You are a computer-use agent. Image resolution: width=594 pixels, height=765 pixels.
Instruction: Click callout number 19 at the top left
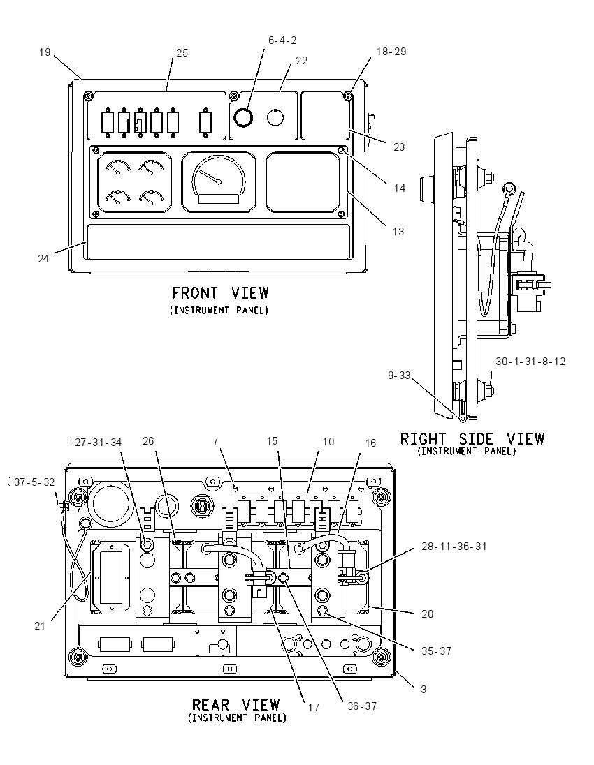[45, 52]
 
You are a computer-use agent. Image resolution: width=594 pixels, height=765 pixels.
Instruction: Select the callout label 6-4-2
[282, 40]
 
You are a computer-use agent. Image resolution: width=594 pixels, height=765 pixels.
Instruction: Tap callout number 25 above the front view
[182, 53]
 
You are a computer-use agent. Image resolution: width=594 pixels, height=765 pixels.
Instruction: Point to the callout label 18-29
[391, 52]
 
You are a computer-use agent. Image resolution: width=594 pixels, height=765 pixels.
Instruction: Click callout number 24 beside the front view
[43, 259]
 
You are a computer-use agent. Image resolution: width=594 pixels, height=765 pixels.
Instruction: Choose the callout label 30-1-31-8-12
[530, 362]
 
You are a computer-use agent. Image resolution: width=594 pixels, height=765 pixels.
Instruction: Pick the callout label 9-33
[399, 376]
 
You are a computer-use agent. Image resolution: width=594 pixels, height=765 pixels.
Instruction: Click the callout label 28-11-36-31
[454, 547]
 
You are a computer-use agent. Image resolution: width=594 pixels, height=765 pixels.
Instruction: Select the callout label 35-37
[436, 651]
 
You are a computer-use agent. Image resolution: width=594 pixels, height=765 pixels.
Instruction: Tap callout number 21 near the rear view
[40, 626]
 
